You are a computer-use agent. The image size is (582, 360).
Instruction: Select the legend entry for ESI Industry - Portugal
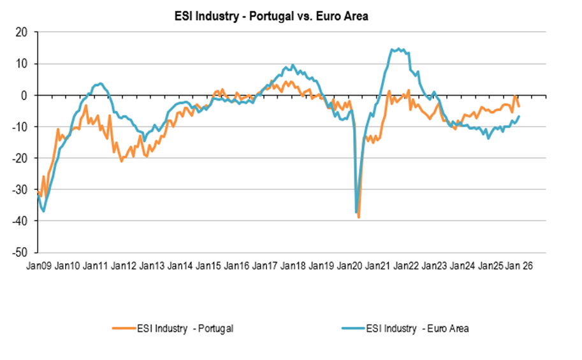point(185,328)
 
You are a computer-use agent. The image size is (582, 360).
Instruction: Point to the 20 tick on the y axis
point(22,32)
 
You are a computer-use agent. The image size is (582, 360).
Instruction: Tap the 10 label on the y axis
point(22,64)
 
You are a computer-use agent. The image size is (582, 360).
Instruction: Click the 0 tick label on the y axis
point(25,95)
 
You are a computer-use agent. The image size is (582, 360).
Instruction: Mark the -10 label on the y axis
point(21,127)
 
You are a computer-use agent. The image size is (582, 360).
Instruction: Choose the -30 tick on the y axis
point(21,189)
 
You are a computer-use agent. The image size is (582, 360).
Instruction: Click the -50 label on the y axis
point(21,252)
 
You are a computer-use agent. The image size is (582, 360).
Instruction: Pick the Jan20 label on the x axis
point(351,266)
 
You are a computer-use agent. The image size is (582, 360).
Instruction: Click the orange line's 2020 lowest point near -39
point(359,217)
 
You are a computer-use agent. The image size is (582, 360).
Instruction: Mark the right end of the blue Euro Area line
point(520,116)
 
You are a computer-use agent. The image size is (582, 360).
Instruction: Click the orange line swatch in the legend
point(123,328)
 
